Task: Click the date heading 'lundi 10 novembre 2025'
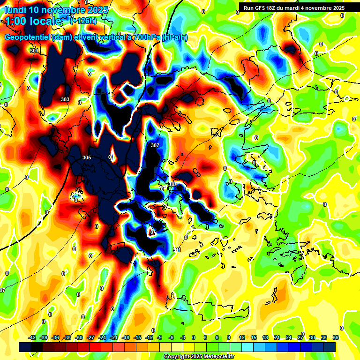tap(56, 10)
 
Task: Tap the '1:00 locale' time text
tap(33, 21)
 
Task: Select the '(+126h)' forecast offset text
tap(83, 21)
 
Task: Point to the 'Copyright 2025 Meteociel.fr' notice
tap(199, 357)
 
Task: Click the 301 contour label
tap(34, 51)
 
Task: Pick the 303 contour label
tap(65, 99)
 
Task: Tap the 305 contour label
tap(86, 157)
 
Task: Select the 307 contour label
tap(155, 145)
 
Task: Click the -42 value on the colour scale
tap(32, 337)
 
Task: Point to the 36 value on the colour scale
tap(335, 337)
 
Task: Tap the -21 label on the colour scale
tap(114, 337)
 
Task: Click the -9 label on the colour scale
tap(160, 337)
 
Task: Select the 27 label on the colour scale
tap(300, 337)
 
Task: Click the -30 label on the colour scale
tap(79, 337)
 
